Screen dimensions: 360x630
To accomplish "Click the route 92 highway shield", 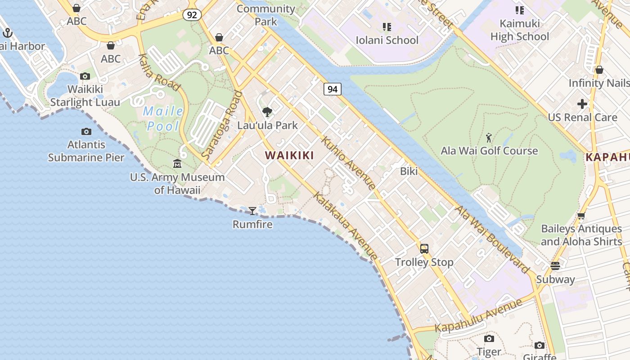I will coord(192,15).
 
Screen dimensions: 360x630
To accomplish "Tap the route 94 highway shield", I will coord(332,89).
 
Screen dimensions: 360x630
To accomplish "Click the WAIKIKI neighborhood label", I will coord(289,156).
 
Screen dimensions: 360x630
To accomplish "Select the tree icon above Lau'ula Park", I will coord(267,112).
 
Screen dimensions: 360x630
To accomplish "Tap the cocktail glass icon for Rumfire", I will coord(252,211).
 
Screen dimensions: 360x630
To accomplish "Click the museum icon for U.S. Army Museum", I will coord(177,164).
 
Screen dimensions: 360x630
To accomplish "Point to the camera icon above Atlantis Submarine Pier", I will coord(86,131).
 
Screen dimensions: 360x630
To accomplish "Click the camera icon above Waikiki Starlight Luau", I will coord(85,76).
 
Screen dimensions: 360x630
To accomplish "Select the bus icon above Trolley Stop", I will coord(424,248).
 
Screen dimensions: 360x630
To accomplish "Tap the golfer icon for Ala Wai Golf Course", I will coord(489,137).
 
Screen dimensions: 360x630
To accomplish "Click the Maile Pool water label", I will coord(163,118).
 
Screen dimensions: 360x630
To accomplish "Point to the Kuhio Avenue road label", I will coord(348,163).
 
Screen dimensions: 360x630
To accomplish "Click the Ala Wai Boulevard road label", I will coord(492,239).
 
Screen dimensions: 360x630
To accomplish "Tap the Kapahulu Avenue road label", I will coord(478,315).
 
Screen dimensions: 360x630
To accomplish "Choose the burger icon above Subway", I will coord(555,265).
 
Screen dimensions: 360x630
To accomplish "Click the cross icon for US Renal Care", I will coord(582,104).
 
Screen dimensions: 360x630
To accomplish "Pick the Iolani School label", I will coord(387,40).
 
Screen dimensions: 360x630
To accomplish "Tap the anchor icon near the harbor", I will coord(7,32).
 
